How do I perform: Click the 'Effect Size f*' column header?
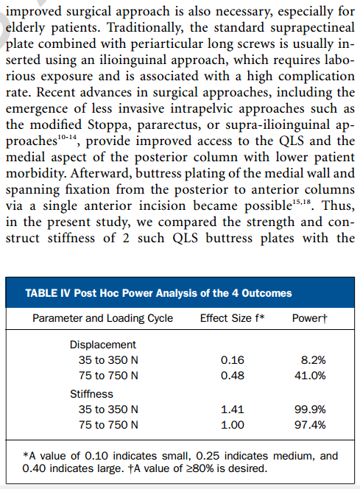pyautogui.click(x=232, y=318)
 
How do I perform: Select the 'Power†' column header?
pyautogui.click(x=310, y=318)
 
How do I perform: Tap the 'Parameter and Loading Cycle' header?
pyautogui.click(x=102, y=318)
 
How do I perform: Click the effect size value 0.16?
pyautogui.click(x=233, y=360)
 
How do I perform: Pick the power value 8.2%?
pyautogui.click(x=313, y=360)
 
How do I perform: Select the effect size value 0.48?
pyautogui.click(x=233, y=376)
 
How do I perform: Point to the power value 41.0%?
pyautogui.click(x=310, y=376)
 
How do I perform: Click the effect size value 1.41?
pyautogui.click(x=233, y=409)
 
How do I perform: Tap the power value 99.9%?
pyautogui.click(x=310, y=409)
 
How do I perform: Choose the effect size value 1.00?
pyautogui.click(x=233, y=425)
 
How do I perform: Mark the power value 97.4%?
pyautogui.click(x=310, y=425)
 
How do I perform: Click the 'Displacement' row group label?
pyautogui.click(x=103, y=345)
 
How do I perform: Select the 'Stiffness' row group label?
pyautogui.click(x=91, y=394)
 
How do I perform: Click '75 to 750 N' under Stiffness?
pyautogui.click(x=108, y=425)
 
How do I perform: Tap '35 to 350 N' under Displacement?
pyautogui.click(x=108, y=360)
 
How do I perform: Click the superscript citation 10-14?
pyautogui.click(x=67, y=137)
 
